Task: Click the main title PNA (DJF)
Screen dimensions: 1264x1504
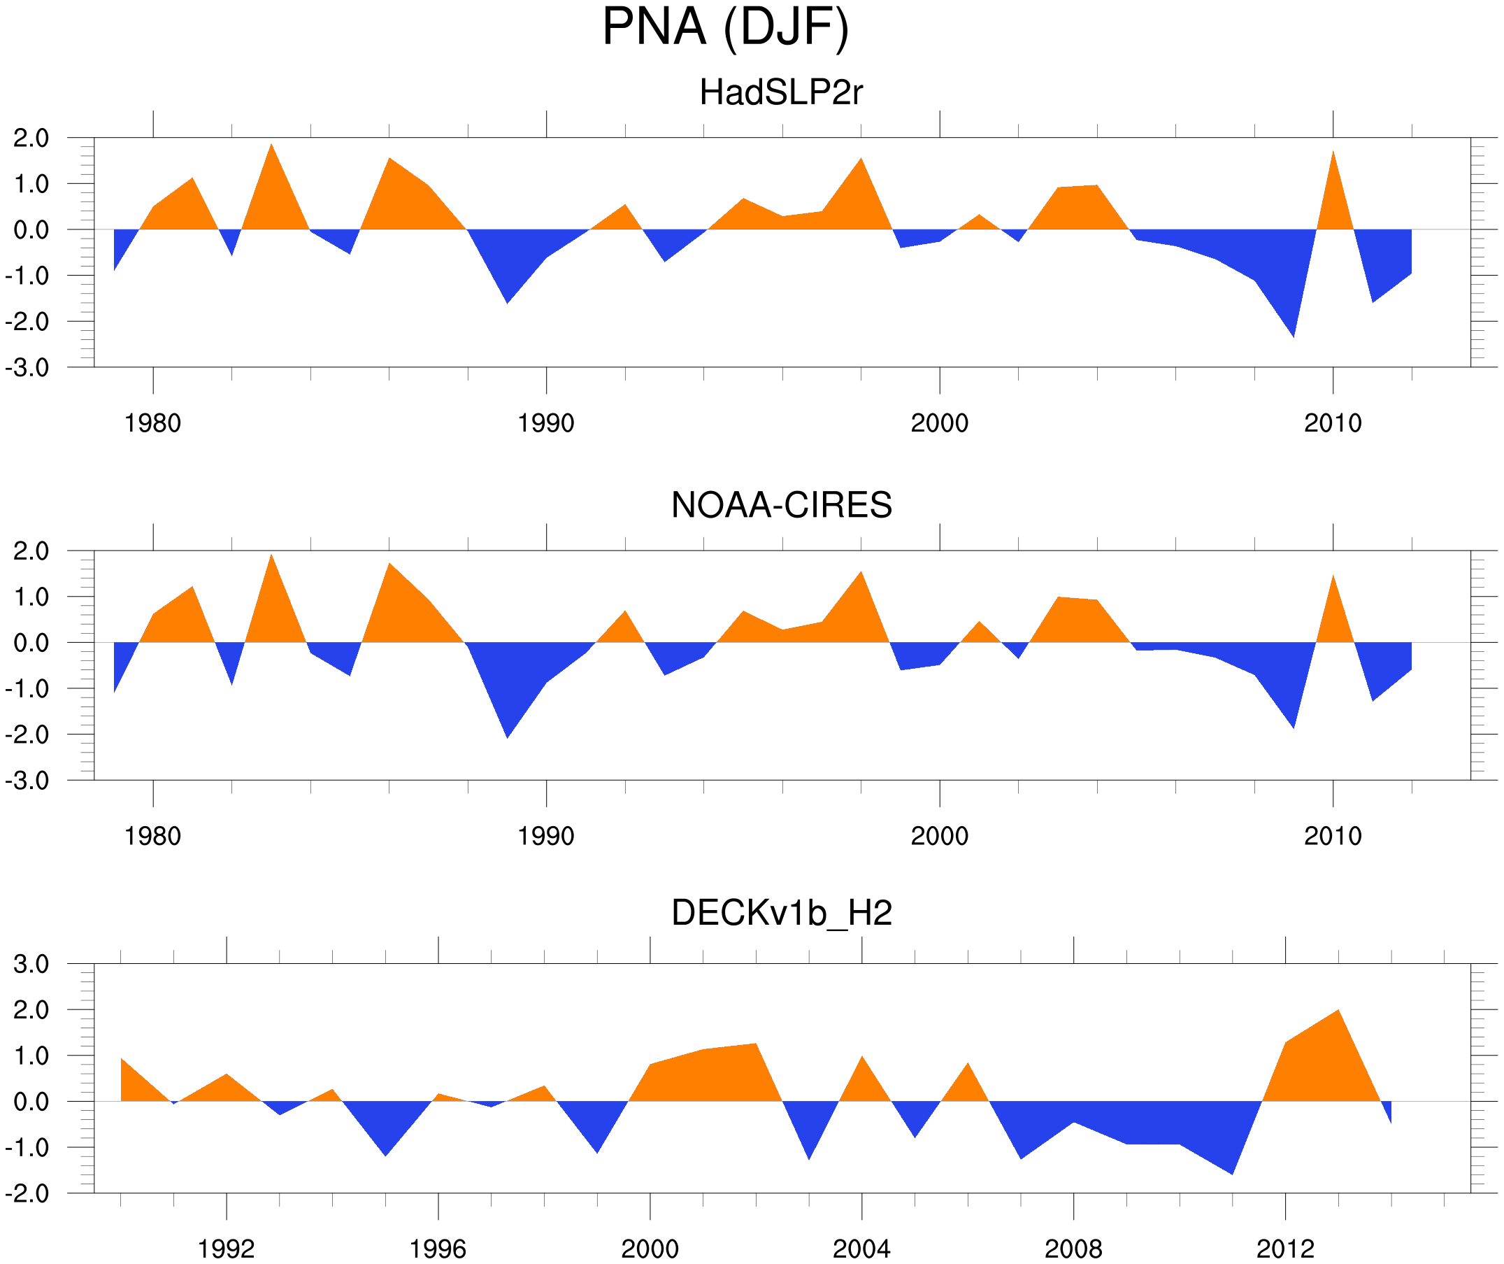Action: click(x=725, y=27)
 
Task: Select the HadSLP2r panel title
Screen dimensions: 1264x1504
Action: click(x=780, y=92)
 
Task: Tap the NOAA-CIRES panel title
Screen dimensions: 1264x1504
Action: click(x=780, y=505)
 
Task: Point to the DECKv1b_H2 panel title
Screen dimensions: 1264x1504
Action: click(x=780, y=913)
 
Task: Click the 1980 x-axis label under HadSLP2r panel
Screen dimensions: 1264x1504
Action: click(x=152, y=423)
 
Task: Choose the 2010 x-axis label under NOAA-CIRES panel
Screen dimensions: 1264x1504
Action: click(x=1332, y=836)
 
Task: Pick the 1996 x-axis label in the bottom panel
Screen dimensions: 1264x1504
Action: click(x=438, y=1249)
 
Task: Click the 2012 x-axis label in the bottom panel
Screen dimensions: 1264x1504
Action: click(x=1285, y=1249)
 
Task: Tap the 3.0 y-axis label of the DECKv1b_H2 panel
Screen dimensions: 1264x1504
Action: click(x=31, y=964)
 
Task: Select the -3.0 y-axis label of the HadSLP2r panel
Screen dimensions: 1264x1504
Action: click(x=27, y=368)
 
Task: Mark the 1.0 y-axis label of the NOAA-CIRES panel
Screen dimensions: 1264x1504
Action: click(x=31, y=597)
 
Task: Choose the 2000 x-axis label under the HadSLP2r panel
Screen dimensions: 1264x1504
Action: click(x=939, y=423)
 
